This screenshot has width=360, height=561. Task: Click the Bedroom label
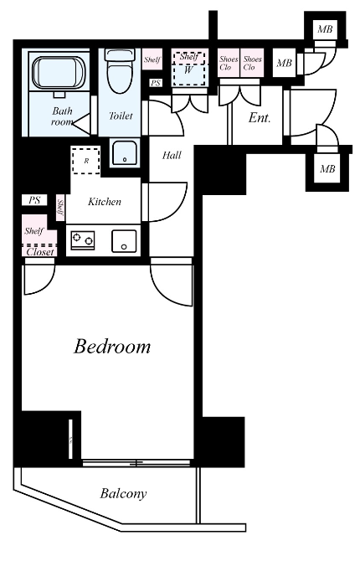pos(112,347)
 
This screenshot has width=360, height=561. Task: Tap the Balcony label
pos(123,494)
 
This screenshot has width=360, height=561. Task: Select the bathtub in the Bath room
pos(59,73)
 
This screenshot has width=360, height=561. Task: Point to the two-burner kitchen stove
pos(83,239)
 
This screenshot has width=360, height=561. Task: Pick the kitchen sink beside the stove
pos(124,241)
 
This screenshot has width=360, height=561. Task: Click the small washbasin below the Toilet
pos(123,152)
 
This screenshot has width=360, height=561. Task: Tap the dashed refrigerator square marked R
pos(85,160)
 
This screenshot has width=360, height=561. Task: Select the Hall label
pos(172,155)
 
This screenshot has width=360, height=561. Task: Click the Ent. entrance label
pos(260,118)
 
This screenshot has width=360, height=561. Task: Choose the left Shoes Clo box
pos(229,63)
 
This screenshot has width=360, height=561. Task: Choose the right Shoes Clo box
pos(252,63)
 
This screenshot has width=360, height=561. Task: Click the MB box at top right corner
pos(326,29)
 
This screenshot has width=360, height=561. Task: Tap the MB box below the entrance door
pos(327,168)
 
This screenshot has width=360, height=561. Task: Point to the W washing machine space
pos(189,68)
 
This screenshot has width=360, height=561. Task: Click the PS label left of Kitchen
pos(34,200)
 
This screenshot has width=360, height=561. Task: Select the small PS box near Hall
pos(156,83)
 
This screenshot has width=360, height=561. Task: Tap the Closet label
pos(40,252)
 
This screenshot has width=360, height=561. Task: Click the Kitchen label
pos(105,202)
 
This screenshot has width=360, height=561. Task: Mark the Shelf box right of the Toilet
pos(152,59)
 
